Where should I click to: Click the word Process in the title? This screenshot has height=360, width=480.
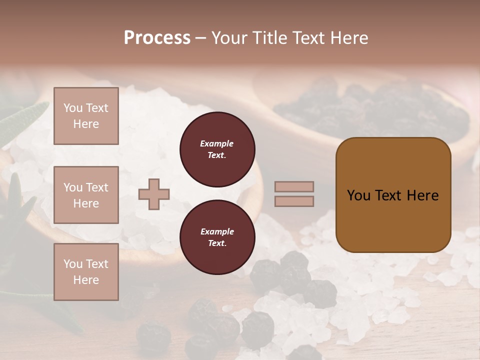tap(157, 38)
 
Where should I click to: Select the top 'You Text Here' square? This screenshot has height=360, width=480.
tap(86, 116)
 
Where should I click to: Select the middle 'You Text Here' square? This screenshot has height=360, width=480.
tap(86, 195)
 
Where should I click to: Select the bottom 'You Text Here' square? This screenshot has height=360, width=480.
tap(86, 272)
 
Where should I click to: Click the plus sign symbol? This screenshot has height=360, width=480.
tap(154, 194)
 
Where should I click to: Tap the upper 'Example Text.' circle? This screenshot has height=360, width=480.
tap(217, 149)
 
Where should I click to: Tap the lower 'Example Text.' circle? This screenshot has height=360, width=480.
tap(217, 237)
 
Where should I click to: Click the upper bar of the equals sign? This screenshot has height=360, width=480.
tap(294, 187)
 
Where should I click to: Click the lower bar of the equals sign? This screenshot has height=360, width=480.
tap(294, 201)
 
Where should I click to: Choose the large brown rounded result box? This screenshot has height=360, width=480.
tap(393, 195)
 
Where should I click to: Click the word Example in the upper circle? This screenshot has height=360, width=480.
tap(217, 143)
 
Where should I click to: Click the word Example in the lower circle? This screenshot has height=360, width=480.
tap(217, 231)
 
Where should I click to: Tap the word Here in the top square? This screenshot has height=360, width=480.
tap(86, 124)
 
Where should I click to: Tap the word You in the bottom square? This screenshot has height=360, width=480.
tap(73, 264)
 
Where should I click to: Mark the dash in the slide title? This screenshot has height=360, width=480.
tap(201, 38)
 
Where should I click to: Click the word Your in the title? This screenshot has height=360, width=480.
tap(231, 38)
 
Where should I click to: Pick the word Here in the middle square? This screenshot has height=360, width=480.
tap(86, 203)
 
